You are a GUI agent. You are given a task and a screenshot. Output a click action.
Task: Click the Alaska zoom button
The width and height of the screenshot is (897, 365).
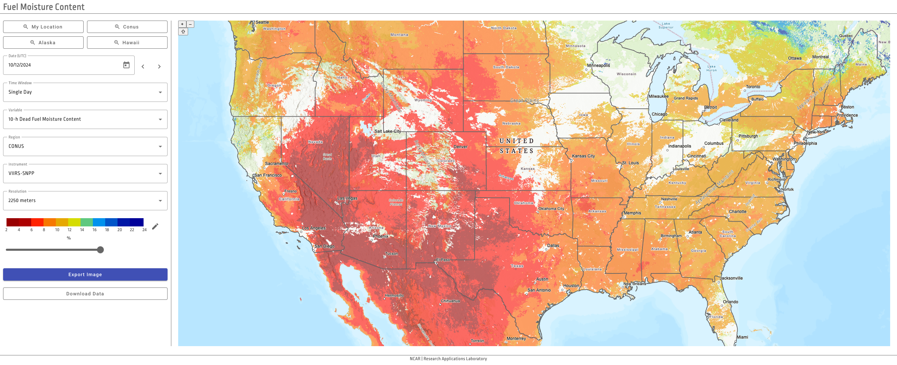tap(43, 43)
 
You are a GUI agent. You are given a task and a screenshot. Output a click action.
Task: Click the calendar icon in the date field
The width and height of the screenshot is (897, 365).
tap(126, 65)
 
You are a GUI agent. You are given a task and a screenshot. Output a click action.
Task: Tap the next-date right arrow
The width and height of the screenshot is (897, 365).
tap(159, 67)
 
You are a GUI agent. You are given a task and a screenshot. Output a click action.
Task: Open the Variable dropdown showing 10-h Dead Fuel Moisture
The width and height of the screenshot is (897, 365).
tap(85, 119)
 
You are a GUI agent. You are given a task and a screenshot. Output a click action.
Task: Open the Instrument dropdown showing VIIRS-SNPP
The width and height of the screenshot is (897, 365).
tap(85, 173)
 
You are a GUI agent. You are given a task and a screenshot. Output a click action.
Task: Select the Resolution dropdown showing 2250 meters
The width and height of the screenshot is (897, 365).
tap(85, 200)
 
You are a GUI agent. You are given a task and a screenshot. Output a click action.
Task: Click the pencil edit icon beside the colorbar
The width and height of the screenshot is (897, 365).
tap(155, 227)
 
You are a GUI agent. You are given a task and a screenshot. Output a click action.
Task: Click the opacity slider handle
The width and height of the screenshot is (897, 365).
tap(100, 250)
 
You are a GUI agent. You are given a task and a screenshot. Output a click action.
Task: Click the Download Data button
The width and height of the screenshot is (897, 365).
tap(85, 294)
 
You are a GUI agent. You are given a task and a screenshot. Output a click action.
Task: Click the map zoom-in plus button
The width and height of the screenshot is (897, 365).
tap(182, 24)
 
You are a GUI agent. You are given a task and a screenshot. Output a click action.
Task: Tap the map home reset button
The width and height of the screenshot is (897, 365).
tap(183, 32)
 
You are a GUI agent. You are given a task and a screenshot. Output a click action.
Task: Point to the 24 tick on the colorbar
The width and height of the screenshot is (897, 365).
tap(144, 230)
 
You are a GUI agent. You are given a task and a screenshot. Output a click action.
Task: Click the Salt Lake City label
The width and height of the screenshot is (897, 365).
tap(388, 131)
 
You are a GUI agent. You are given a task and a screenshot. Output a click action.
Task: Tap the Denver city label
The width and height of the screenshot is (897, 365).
tap(460, 147)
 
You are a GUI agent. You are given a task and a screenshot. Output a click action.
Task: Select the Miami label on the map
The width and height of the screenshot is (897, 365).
tap(742, 337)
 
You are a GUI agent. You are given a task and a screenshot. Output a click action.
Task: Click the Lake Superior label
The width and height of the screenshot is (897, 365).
tap(666, 25)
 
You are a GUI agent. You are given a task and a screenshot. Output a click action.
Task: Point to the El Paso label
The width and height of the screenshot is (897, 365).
tap(443, 260)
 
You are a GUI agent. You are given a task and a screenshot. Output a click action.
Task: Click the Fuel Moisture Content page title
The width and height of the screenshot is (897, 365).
tap(44, 7)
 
